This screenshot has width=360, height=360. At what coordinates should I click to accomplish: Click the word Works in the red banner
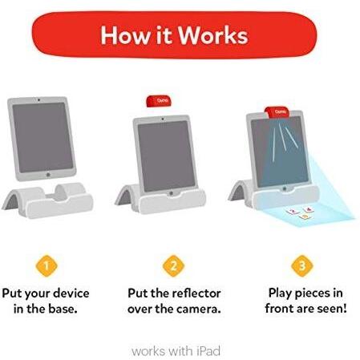click(x=213, y=35)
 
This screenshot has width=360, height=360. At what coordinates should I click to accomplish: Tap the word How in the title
click(x=125, y=35)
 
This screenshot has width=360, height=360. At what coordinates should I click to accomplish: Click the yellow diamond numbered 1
click(x=47, y=266)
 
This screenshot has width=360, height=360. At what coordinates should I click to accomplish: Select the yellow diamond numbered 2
click(x=174, y=266)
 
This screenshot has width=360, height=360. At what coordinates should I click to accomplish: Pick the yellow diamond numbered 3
click(x=302, y=266)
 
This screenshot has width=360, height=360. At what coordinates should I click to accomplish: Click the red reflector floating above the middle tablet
click(x=159, y=101)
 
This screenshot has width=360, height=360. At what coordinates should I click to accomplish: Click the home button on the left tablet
click(x=48, y=175)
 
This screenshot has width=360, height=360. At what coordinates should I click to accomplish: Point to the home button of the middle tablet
click(x=171, y=193)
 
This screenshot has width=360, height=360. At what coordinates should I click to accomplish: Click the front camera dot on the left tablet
click(x=39, y=100)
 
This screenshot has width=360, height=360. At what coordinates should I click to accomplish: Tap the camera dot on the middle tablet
click(x=163, y=118)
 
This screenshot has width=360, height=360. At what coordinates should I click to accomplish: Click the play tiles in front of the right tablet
click(x=301, y=213)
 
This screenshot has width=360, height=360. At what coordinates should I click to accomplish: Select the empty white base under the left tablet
click(x=47, y=200)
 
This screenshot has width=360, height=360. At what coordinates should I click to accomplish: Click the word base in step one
click(x=63, y=309)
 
